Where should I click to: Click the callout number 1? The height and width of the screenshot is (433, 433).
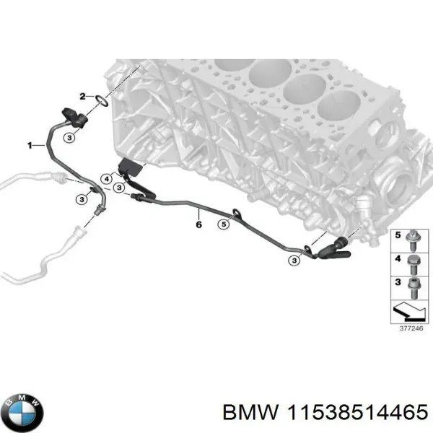31,145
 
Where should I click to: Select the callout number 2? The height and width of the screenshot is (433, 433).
83,96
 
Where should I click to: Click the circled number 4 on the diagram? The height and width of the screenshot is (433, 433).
107,178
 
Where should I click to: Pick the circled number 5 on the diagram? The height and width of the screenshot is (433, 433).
224,225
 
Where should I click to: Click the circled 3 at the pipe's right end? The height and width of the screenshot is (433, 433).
293,258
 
